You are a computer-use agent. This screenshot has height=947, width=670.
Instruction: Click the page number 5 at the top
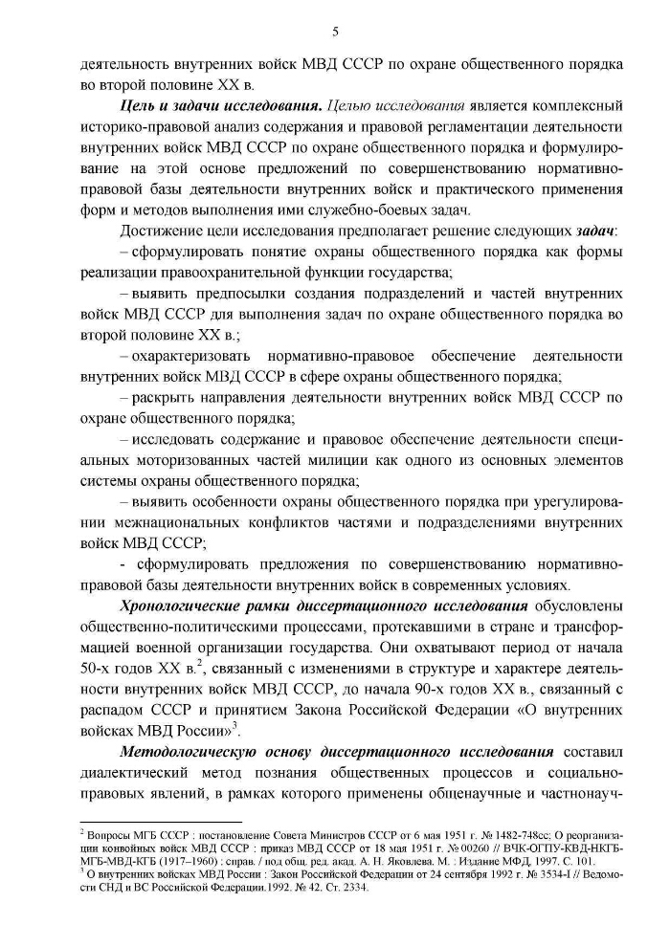335,32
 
